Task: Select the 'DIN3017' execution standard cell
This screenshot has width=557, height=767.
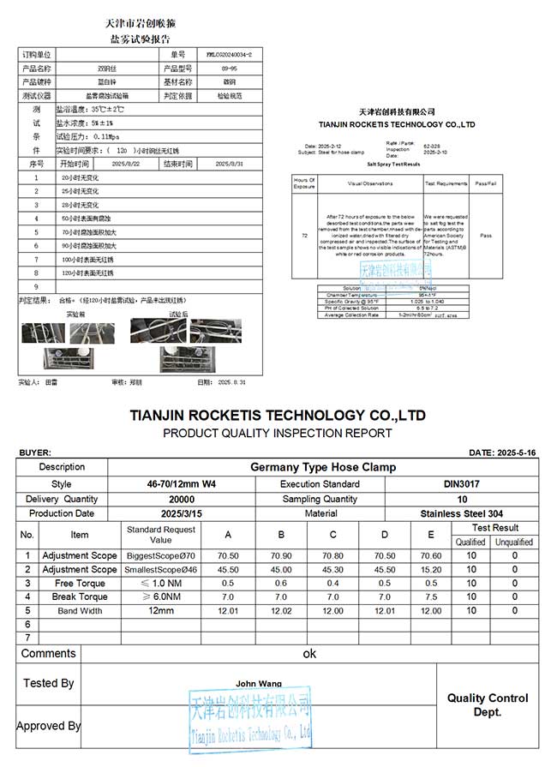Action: pos(461,483)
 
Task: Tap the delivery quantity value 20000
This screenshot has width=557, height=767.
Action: pos(182,499)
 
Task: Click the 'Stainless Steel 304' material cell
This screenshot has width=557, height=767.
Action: pos(461,514)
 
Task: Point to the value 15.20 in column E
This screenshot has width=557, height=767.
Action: pos(431,569)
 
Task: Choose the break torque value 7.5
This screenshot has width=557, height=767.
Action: pos(431,596)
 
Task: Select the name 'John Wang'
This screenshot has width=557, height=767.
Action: pos(258,683)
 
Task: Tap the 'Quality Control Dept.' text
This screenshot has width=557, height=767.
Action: pos(488,705)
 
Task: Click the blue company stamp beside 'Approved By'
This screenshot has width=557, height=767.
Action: pos(250,719)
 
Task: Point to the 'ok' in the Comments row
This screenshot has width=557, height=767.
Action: pos(309,653)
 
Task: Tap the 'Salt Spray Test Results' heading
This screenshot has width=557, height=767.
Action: pos(393,163)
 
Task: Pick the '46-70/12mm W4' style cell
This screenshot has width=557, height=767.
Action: pos(182,483)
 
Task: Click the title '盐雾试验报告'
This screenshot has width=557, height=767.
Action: pos(141,39)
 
